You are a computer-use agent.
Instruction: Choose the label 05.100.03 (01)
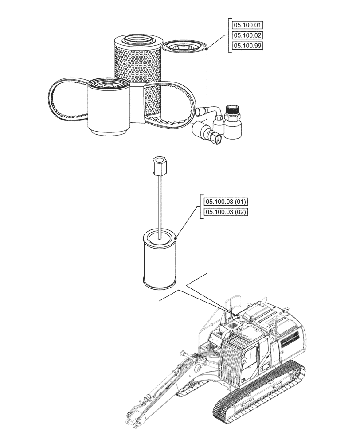(x=226, y=202)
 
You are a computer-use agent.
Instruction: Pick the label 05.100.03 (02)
(x=226, y=212)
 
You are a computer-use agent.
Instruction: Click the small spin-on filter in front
(x=109, y=109)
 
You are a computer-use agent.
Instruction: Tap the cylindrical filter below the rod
(x=160, y=261)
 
